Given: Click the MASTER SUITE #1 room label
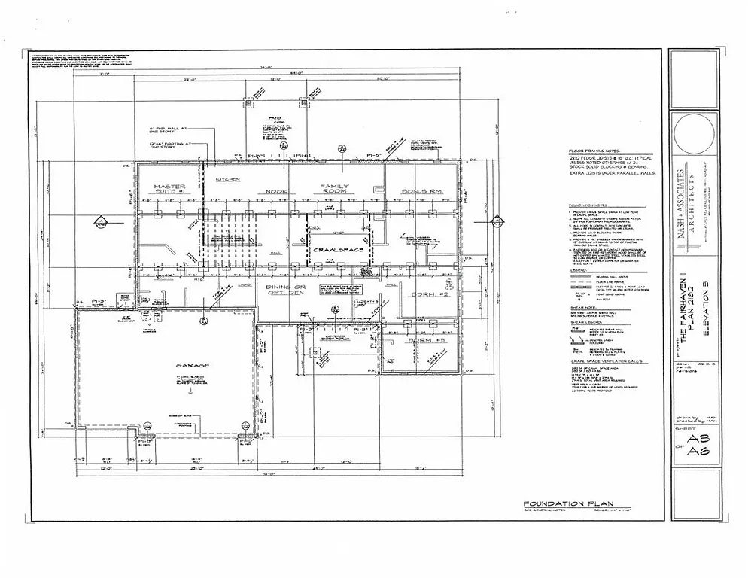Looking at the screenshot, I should tap(169, 189).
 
